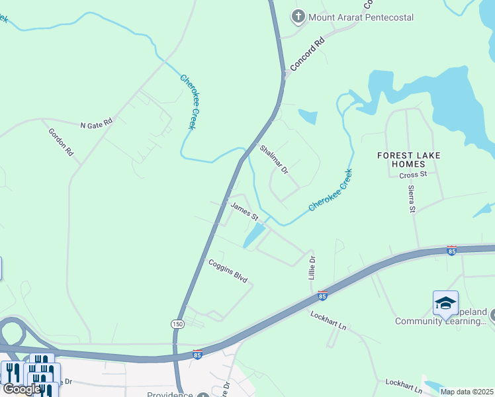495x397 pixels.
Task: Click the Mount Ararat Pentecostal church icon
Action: [x=298, y=17]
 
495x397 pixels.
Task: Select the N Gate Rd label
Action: [x=97, y=123]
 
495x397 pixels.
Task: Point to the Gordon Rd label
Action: [x=61, y=142]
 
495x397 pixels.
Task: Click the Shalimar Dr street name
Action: [x=274, y=159]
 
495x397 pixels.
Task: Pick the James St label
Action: [x=244, y=210]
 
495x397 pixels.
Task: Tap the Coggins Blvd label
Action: [x=228, y=271]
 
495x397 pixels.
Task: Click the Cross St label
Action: [x=414, y=175]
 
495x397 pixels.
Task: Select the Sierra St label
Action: [x=412, y=199]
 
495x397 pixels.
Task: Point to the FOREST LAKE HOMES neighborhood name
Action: [x=408, y=159]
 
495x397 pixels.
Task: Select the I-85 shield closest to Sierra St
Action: [x=451, y=250]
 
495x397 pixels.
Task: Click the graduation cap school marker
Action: [x=445, y=303]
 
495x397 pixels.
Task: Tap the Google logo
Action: [x=21, y=389]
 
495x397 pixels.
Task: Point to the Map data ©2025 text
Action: [x=467, y=392]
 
